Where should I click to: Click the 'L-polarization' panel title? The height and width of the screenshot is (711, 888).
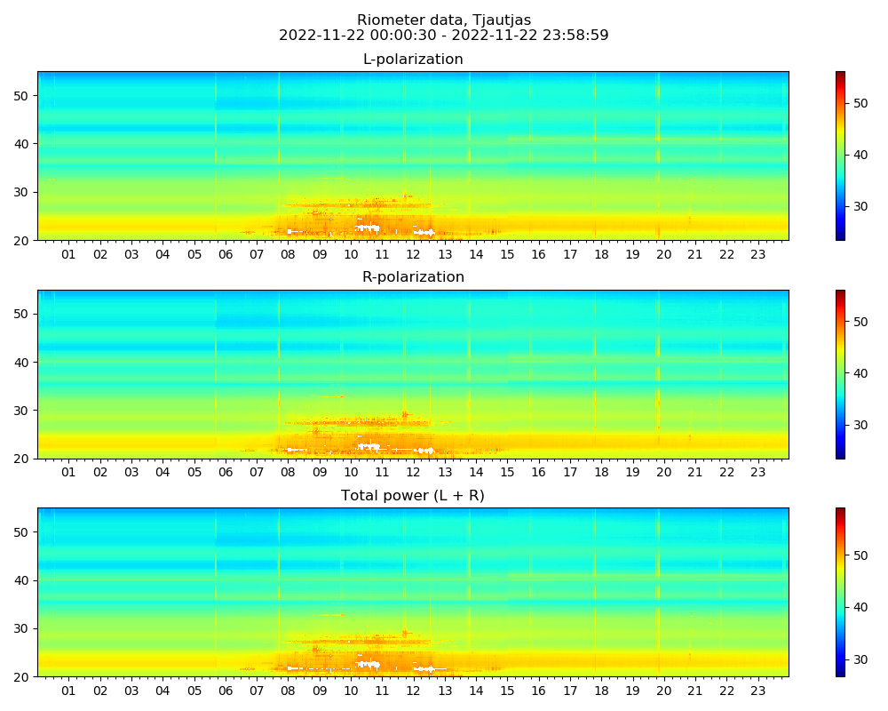413,60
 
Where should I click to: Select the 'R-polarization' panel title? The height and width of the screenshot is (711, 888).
413,277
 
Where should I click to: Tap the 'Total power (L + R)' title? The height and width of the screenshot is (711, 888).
413,496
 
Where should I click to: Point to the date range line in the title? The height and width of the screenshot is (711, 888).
444,36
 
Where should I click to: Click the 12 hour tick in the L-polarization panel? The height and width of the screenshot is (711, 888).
413,254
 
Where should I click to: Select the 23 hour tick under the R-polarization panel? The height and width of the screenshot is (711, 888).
757,473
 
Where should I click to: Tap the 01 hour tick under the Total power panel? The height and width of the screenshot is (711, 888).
68,691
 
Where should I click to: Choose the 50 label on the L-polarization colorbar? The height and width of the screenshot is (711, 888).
860,103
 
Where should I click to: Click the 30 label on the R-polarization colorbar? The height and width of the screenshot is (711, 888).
860,425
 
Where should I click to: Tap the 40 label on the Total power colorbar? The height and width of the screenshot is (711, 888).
860,607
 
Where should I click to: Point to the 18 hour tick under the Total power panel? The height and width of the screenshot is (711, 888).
601,691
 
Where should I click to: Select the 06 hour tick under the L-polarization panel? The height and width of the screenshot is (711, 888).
225,254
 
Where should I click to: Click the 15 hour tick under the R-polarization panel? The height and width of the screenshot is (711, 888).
507,473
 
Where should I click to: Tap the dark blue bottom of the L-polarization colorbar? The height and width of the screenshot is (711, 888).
840,237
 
